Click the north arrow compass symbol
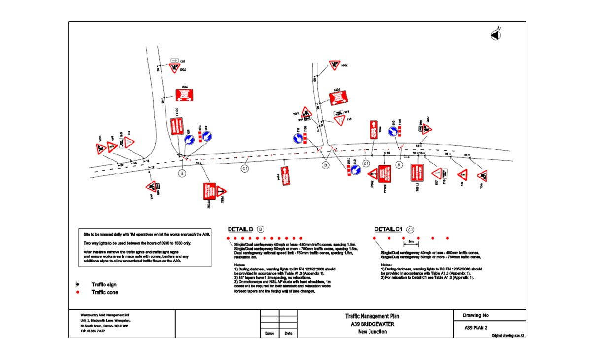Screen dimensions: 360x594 495,34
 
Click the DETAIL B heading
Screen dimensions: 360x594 240,229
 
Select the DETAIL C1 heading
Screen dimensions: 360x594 389,229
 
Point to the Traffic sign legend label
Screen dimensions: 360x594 104,285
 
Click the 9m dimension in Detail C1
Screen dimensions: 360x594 410,242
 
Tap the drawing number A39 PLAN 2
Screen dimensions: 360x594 476,327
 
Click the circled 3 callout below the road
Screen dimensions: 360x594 182,173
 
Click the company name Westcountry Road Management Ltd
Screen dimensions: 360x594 104,314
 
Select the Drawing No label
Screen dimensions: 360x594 476,316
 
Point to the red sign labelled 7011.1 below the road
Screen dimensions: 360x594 417,174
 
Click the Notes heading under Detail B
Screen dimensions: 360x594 240,265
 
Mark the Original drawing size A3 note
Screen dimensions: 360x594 507,336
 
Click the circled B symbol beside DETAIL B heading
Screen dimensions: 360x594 261,229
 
